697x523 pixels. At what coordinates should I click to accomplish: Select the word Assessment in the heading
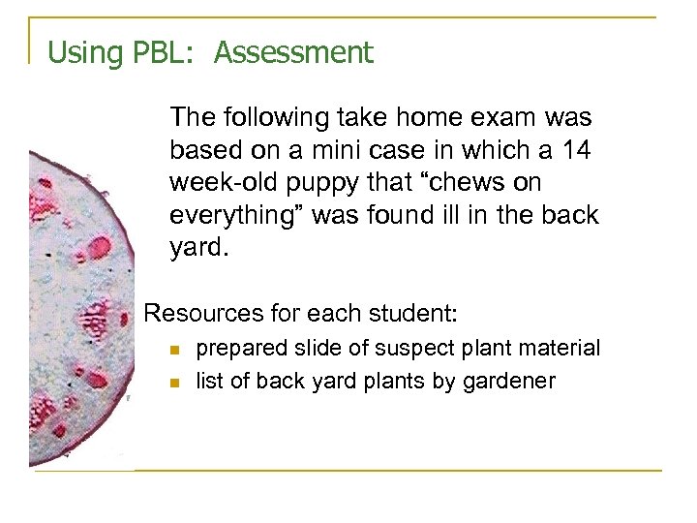point(293,52)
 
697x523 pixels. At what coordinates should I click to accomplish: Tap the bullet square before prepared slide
point(174,349)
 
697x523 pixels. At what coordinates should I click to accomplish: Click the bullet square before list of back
point(174,382)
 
